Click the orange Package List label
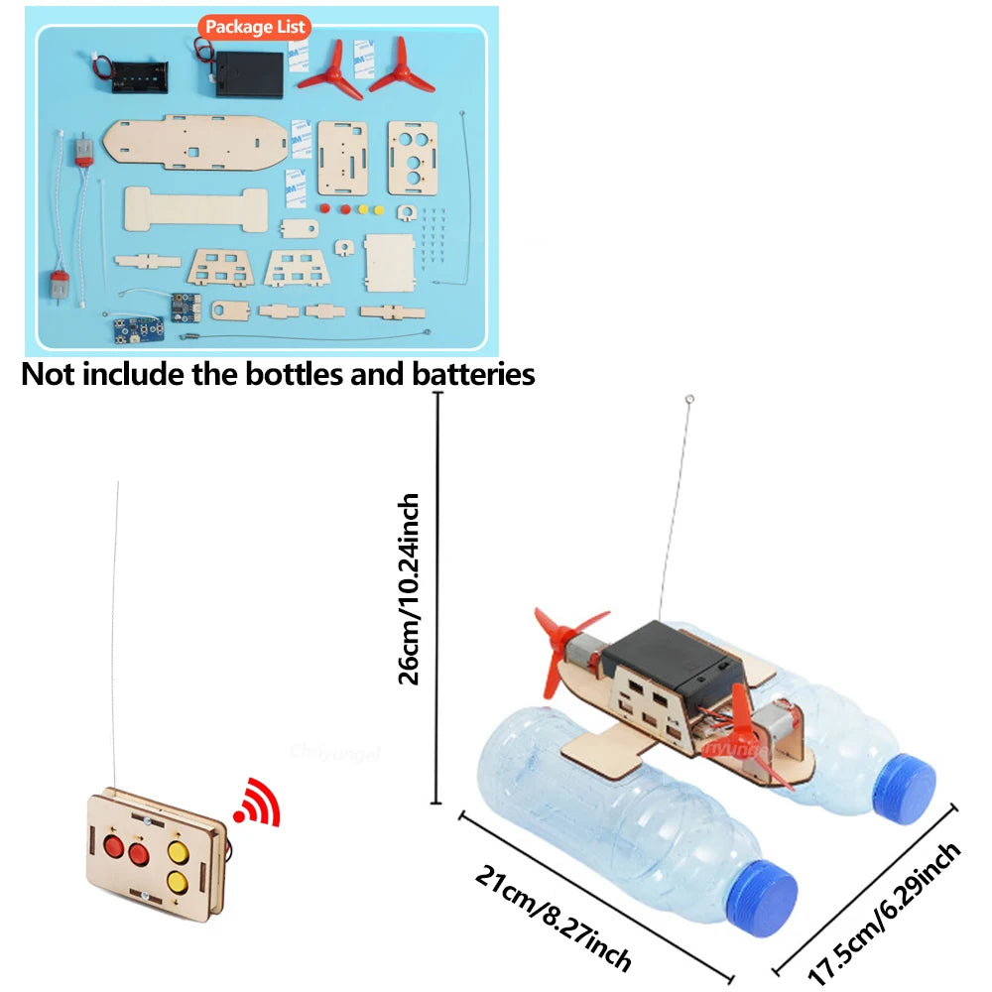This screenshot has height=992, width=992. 254,27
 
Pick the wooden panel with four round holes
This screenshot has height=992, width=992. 412,157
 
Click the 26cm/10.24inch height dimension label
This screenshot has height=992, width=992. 409,589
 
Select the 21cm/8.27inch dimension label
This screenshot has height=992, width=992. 552,917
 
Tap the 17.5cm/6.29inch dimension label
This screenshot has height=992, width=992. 885,913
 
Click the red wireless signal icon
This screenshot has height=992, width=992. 260,805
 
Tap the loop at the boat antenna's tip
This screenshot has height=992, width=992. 690,400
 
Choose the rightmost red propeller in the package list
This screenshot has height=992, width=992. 403,65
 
